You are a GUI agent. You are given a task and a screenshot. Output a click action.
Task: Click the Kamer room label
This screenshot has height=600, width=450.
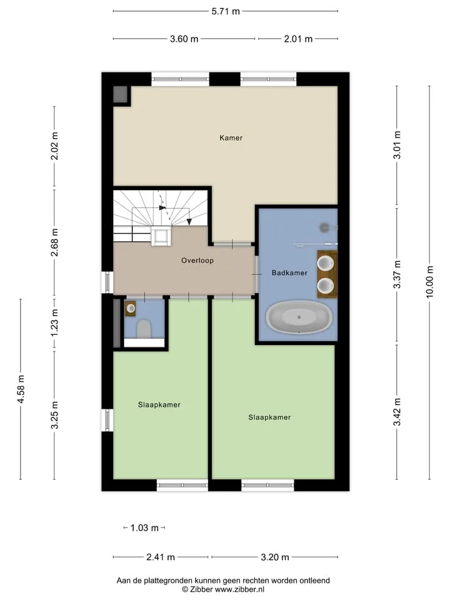[231, 137]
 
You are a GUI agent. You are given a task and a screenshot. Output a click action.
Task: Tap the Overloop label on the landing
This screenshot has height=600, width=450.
[197, 261]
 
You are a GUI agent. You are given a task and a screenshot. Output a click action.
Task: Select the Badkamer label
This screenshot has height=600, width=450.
[289, 273]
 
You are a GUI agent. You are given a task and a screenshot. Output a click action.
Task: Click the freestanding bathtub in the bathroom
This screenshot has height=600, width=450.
[299, 317]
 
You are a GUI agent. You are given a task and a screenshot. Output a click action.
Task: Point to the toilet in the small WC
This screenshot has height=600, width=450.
[144, 329]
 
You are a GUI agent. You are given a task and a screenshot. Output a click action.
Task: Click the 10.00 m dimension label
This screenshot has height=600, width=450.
[429, 282]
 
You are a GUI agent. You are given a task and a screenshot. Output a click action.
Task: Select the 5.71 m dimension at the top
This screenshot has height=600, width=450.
[226, 11]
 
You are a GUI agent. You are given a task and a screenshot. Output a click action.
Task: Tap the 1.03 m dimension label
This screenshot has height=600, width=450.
[144, 528]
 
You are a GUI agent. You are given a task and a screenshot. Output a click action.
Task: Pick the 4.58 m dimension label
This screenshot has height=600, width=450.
[21, 389]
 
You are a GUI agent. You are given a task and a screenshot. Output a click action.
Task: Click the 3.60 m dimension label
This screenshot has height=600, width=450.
[184, 39]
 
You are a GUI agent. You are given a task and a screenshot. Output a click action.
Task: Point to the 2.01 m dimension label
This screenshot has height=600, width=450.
[298, 39]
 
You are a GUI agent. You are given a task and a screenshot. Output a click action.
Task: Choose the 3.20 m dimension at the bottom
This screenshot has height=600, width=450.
[275, 557]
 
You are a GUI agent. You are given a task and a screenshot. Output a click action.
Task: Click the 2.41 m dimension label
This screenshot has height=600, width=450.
[161, 557]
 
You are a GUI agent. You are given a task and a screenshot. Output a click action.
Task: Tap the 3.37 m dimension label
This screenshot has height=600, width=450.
[397, 275]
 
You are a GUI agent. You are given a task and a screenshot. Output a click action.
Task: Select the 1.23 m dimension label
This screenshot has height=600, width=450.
[54, 323]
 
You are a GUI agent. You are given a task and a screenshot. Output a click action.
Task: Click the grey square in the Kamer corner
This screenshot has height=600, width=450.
[120, 94]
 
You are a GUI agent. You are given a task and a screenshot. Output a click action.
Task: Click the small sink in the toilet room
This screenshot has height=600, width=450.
[131, 308]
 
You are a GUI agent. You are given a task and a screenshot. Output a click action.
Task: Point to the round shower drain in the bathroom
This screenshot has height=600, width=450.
[324, 227]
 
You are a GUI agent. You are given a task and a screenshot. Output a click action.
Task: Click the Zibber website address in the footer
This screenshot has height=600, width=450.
[239, 589]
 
